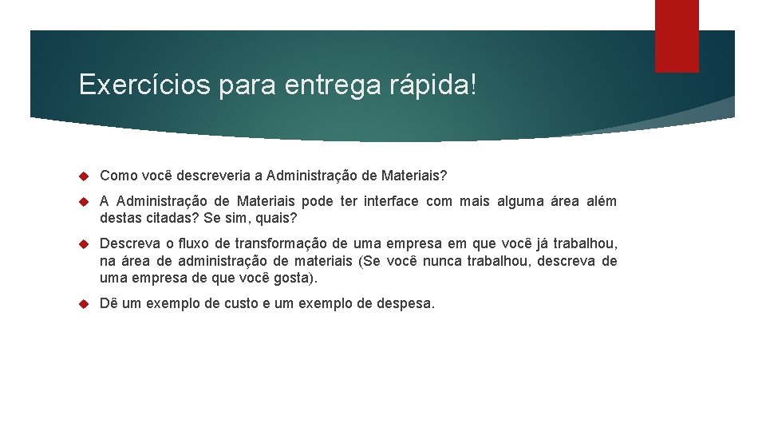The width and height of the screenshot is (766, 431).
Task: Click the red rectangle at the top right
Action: [x=677, y=35]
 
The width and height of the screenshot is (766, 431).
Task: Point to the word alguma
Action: [x=519, y=201]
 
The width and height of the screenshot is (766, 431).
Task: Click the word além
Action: [x=600, y=201]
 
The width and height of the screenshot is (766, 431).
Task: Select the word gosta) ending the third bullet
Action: [x=295, y=279]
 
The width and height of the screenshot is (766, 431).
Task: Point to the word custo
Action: [x=241, y=304]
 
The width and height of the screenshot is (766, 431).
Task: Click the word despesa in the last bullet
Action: [x=405, y=304]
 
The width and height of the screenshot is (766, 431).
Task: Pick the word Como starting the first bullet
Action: [x=117, y=175]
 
